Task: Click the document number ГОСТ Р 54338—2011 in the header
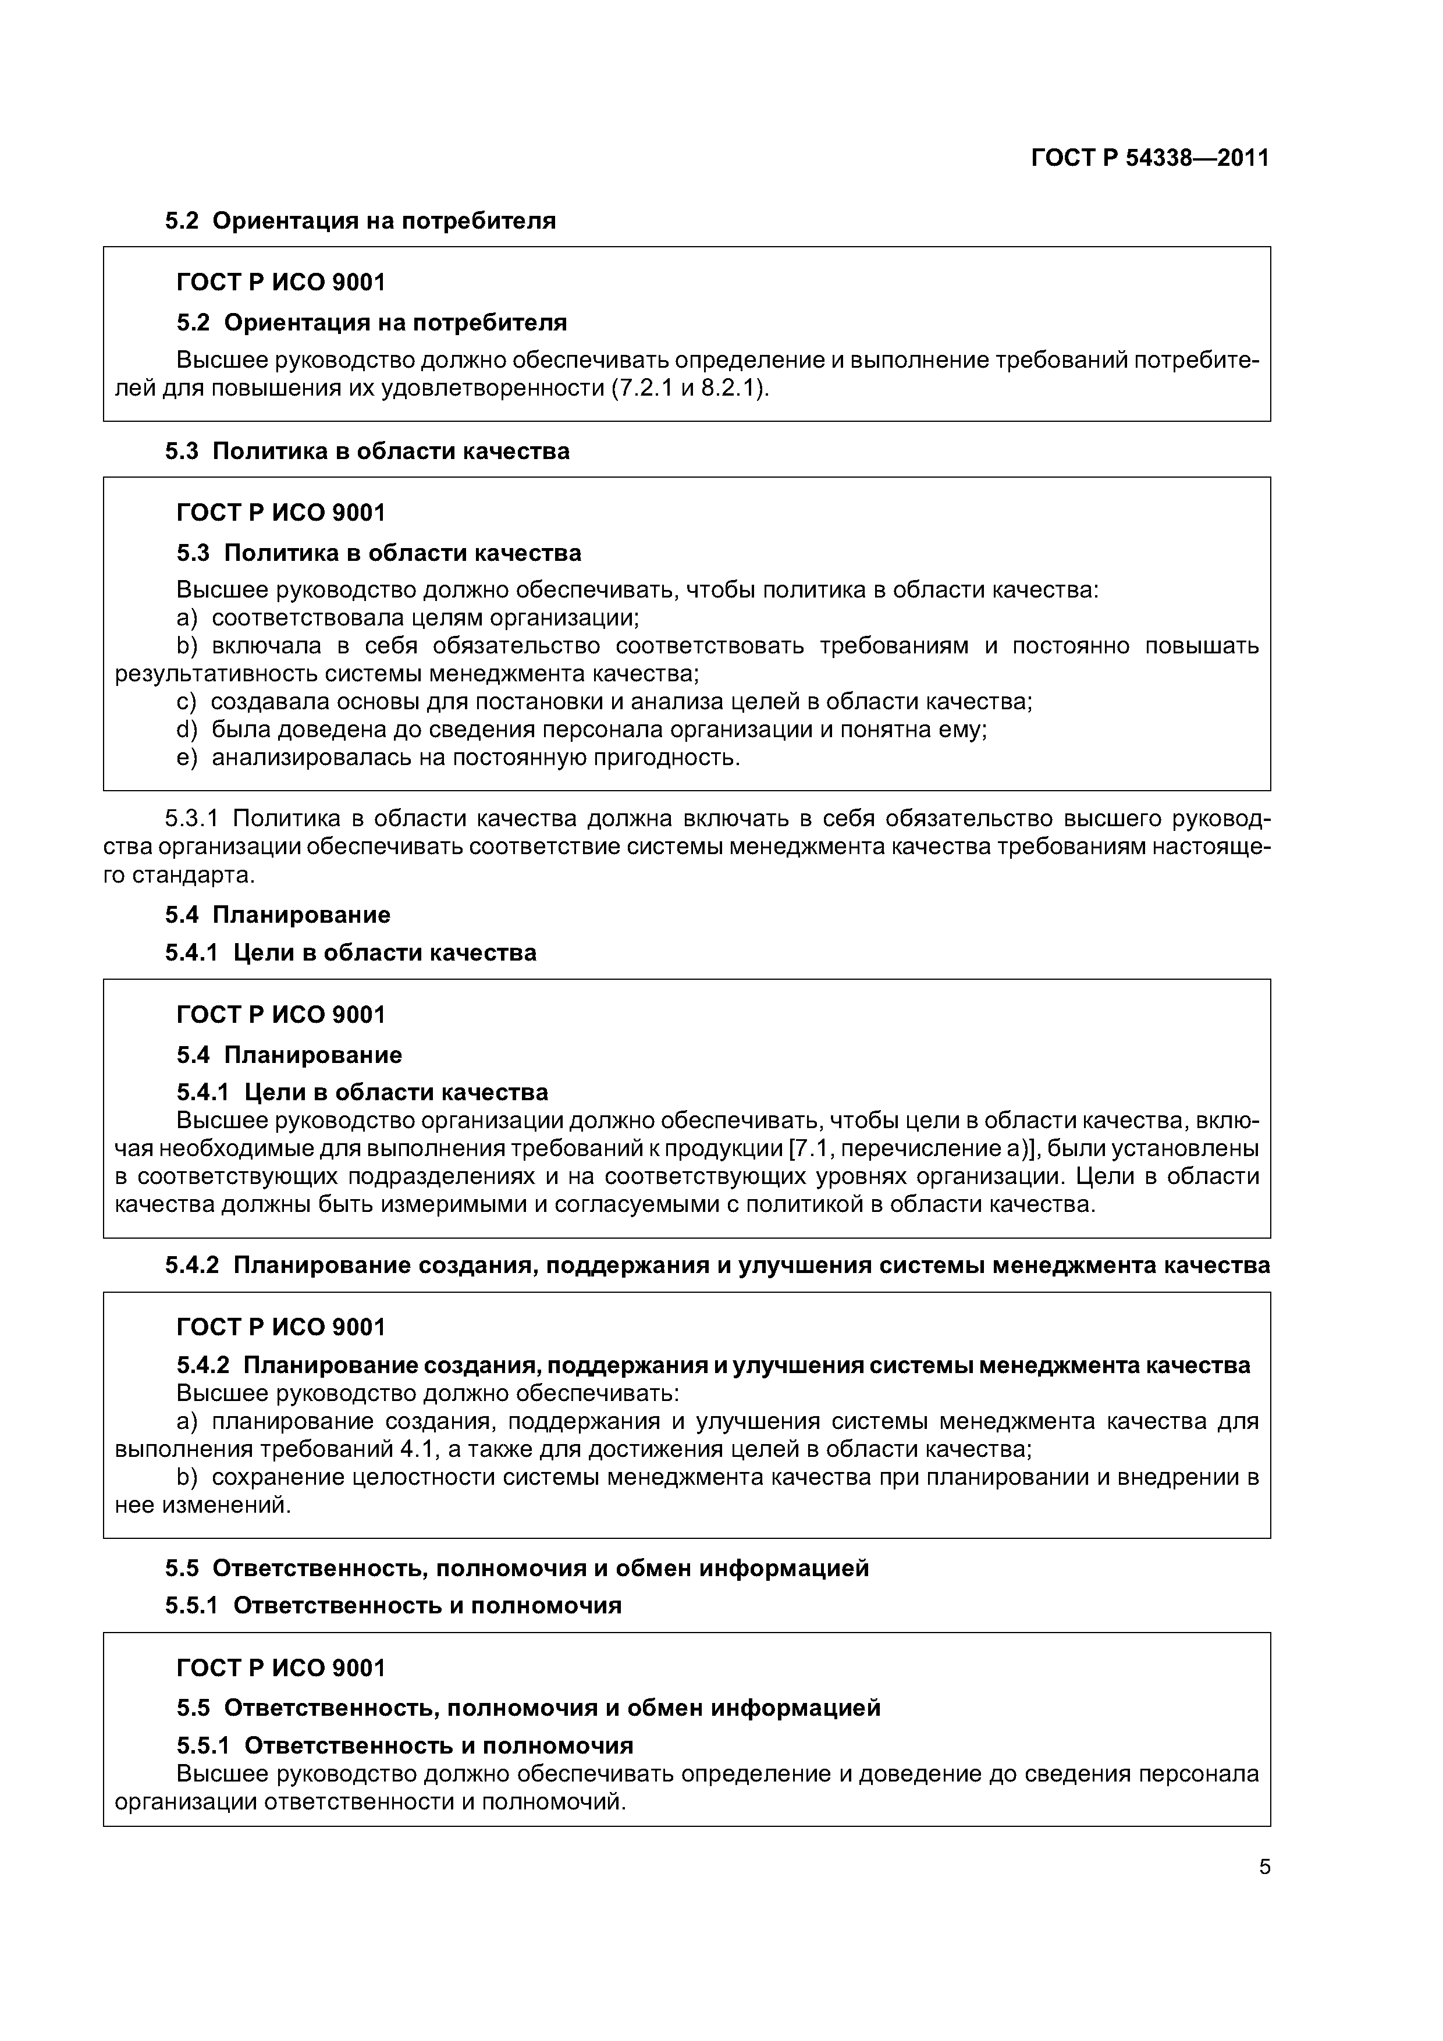click(x=1150, y=158)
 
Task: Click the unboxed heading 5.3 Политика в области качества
click(x=367, y=451)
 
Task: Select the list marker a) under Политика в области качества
click(x=187, y=617)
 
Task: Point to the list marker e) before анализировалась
click(x=187, y=758)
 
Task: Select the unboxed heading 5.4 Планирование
click(x=278, y=915)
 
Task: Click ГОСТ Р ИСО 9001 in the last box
click(x=281, y=1667)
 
